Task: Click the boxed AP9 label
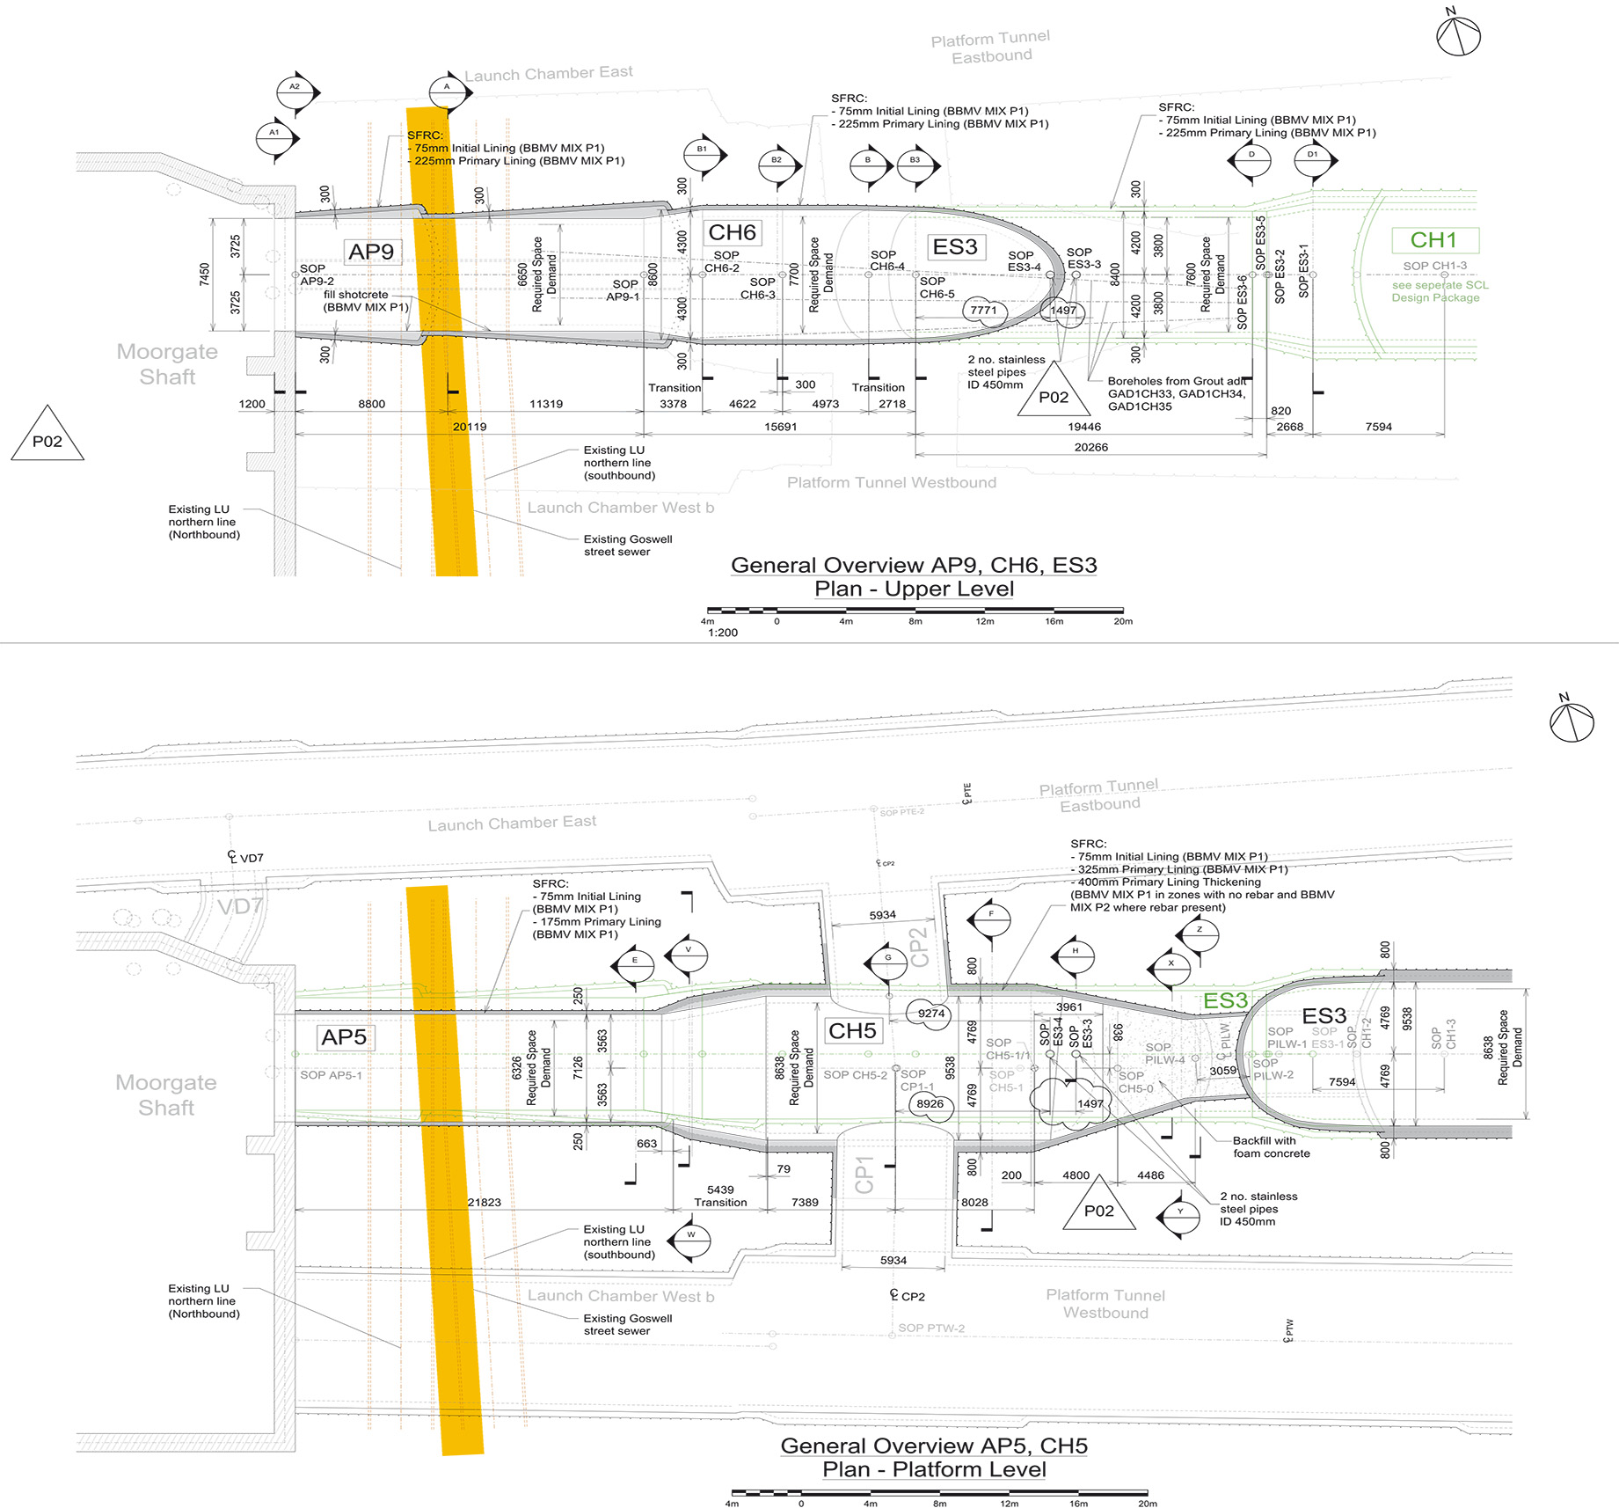coord(371,252)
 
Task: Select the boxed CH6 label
coord(732,232)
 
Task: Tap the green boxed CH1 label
coord(1433,240)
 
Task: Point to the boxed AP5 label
coord(344,1037)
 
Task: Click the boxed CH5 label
coord(852,1030)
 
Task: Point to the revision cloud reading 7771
coord(984,311)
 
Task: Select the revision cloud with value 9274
coord(931,1014)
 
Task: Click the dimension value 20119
coord(470,427)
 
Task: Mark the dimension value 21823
coord(485,1202)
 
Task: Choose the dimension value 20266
coord(1090,447)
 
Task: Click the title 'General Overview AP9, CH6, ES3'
coord(914,565)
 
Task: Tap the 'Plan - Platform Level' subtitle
coord(934,1469)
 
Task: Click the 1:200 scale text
coord(723,633)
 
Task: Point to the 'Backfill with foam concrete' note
coord(1271,1146)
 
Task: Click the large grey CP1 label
coord(864,1174)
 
